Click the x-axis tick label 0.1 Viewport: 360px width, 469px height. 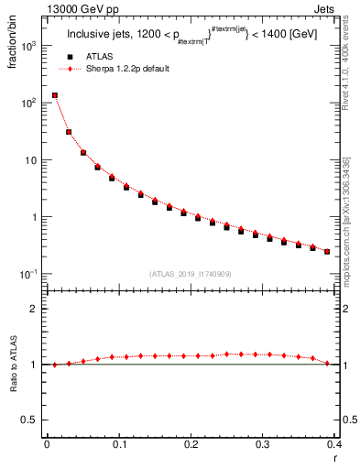118,444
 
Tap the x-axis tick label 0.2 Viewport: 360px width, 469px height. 191,444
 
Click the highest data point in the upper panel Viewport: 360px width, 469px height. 54,95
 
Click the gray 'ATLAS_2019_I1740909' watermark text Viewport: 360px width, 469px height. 190,273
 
